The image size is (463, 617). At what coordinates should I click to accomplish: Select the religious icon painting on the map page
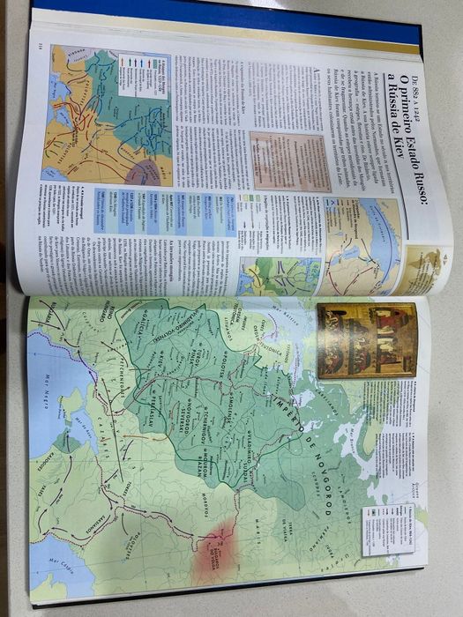365,339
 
